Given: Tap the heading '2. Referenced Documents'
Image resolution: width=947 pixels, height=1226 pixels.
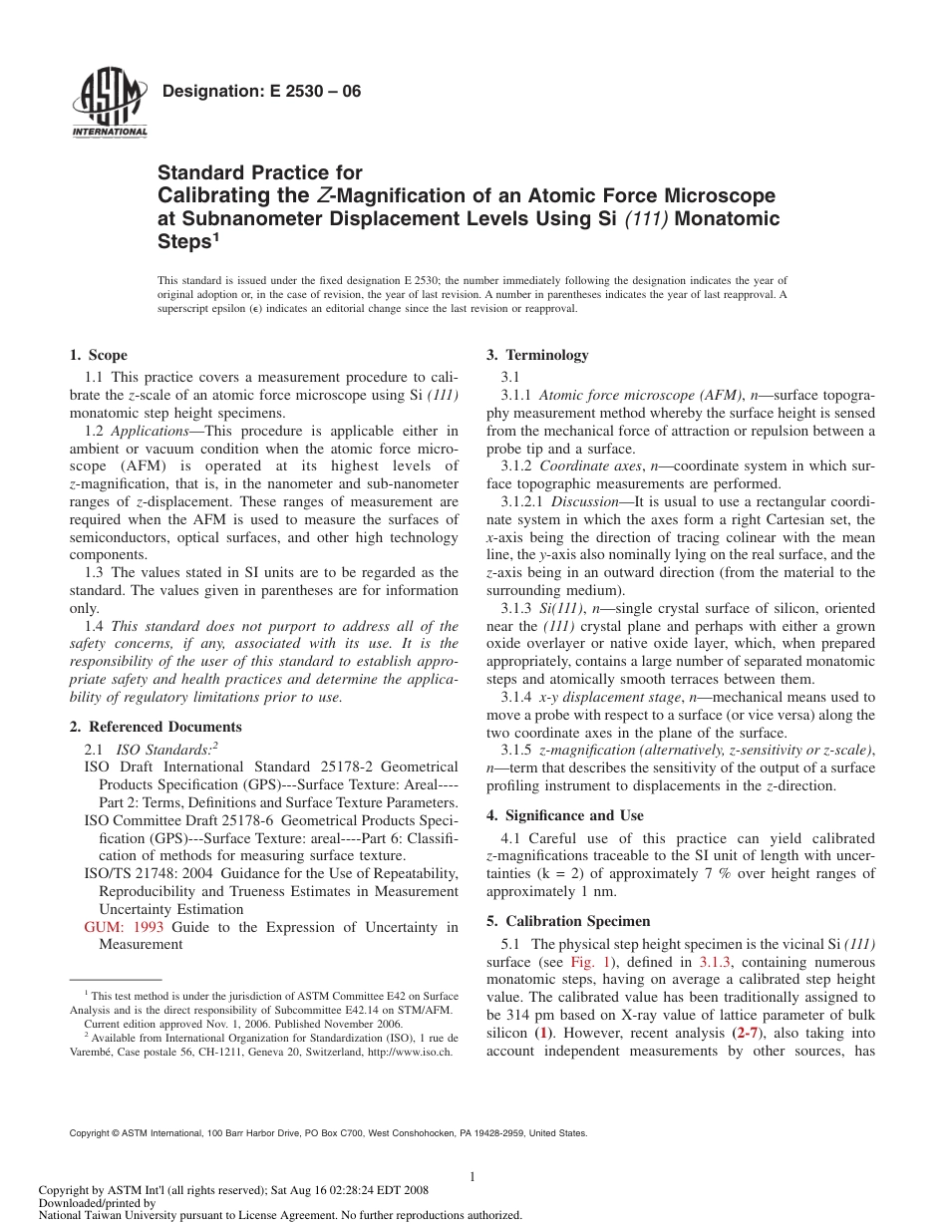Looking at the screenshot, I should click(156, 727).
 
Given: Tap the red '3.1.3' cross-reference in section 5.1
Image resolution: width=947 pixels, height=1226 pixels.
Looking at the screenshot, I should click(715, 962).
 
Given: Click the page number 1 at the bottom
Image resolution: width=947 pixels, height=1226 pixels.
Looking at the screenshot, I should click(473, 1177).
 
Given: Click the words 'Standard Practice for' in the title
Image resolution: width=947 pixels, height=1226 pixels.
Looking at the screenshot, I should click(260, 173).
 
